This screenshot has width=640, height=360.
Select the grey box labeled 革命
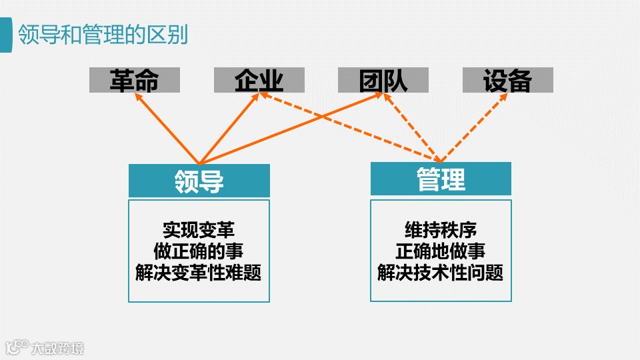coord(135,81)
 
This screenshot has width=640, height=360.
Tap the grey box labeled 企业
coord(259,81)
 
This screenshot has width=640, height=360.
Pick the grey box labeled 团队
coord(383,81)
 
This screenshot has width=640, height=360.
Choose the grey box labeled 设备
coord(507,81)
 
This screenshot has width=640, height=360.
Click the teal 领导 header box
coord(199,181)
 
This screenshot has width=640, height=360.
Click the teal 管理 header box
coord(441,179)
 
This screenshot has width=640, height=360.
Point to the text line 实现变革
coord(199,230)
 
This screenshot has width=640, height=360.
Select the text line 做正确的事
coord(199,251)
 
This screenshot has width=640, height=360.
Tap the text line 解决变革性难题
coord(199,273)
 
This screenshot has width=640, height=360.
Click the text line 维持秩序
coord(441,230)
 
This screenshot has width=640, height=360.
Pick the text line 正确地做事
coord(441,251)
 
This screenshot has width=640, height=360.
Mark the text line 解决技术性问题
coord(441,273)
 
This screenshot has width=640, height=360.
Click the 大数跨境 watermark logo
coord(44,347)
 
